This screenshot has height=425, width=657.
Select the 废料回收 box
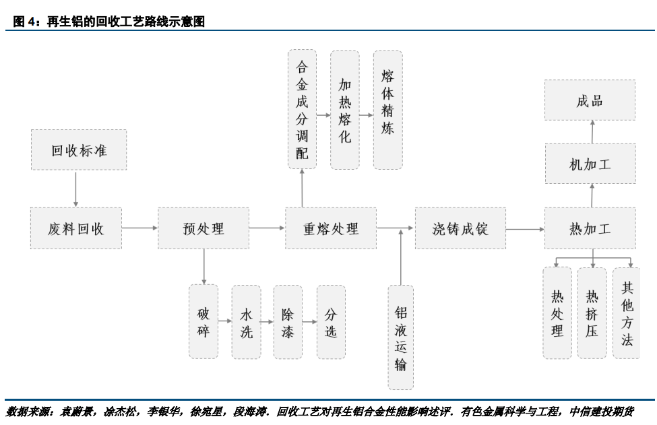[75, 228]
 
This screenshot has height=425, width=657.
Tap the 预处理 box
[204, 228]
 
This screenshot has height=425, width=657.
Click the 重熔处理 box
[331, 228]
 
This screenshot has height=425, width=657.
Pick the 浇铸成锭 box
[460, 228]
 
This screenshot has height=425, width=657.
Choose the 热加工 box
[590, 228]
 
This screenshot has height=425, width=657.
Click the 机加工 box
[590, 164]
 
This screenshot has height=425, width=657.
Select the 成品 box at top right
[590, 100]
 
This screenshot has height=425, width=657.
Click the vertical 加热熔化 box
[344, 109]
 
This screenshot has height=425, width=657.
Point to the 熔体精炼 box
[387, 109]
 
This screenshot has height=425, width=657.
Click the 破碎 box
[203, 322]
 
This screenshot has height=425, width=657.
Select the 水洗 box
[246, 322]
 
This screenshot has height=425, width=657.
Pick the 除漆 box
[288, 322]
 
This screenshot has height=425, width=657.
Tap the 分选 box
[331, 322]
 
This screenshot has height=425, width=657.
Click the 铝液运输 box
[401, 337]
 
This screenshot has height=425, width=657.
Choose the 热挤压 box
[592, 313]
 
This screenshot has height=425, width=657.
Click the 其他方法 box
[627, 313]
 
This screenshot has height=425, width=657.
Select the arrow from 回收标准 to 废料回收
[75, 189]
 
